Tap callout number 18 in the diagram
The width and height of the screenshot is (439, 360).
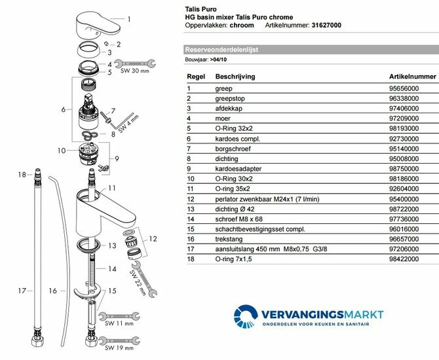pos(22,175)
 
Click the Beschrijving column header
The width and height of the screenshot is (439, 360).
pos(235,77)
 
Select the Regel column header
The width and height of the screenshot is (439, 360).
pos(196,77)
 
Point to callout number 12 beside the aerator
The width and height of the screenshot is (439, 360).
pos(153,238)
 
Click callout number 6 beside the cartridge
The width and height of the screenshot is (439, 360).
pos(63,109)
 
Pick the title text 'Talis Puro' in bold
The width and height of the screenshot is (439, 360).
pos(202,9)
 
